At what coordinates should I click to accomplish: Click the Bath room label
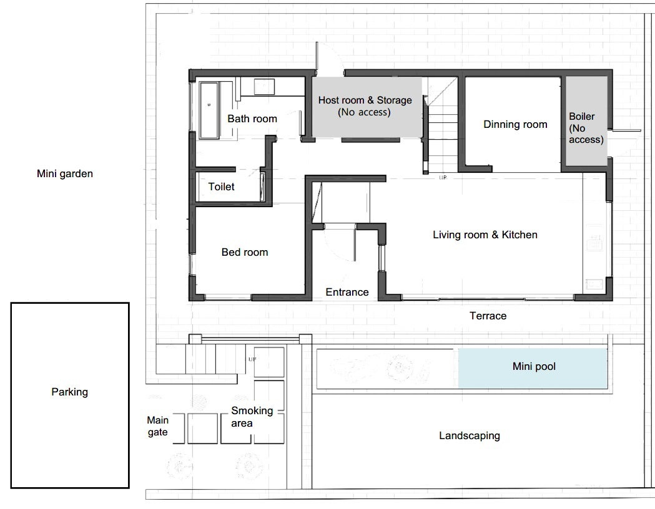pos(252,119)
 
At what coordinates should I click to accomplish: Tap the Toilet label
pos(222,187)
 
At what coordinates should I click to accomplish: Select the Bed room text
pos(245,252)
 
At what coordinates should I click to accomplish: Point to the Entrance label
pos(347,292)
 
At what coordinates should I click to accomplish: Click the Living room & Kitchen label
pos(485,235)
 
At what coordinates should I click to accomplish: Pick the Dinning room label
pos(515,124)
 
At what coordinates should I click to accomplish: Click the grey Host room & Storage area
pos(367,107)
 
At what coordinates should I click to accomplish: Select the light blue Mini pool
pos(533,368)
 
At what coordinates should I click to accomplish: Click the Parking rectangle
pos(70,395)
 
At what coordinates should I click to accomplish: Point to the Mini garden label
pos(65,173)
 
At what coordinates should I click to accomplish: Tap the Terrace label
pos(488,316)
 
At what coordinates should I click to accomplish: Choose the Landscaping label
pos(470,436)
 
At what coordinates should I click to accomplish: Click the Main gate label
pos(158,426)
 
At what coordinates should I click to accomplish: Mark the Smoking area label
pos(252,417)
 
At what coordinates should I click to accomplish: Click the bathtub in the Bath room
pos(209,110)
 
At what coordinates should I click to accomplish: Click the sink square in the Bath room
pos(264,87)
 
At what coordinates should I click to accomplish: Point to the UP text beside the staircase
pos(443,177)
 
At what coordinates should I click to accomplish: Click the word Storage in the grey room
pos(395,100)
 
